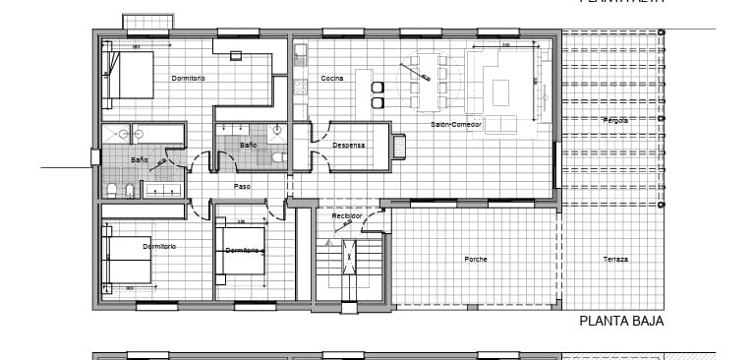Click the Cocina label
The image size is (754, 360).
(x=332, y=78)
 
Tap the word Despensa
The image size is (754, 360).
(x=348, y=145)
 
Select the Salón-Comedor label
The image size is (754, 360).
(x=455, y=125)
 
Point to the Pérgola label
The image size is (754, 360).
(x=615, y=120)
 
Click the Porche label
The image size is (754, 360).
(x=476, y=259)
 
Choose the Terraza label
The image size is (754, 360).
(x=616, y=259)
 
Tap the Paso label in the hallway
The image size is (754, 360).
(x=242, y=185)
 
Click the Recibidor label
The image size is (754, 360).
(x=347, y=215)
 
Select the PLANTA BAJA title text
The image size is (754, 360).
(x=621, y=321)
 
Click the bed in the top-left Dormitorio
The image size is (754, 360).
(x=131, y=75)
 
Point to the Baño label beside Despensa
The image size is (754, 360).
(x=248, y=145)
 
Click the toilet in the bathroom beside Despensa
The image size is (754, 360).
(x=278, y=157)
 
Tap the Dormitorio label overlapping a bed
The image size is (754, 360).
(x=243, y=250)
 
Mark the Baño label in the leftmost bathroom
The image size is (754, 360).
(x=139, y=159)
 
